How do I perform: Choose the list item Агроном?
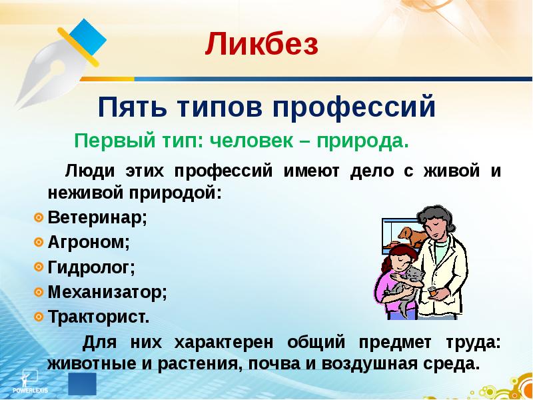click(x=89, y=243)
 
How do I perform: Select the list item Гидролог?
click(x=91, y=267)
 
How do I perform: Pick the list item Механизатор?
click(x=107, y=291)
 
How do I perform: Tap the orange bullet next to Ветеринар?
click(x=39, y=218)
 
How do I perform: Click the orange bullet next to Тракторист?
click(x=39, y=315)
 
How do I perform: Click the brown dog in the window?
click(x=410, y=236)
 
